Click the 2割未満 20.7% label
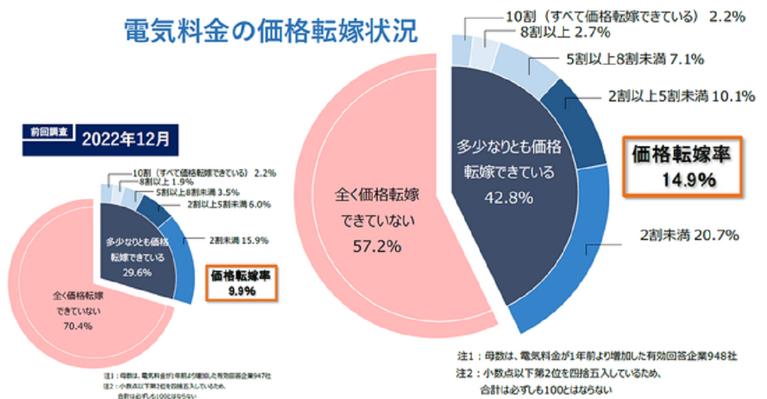coord(689,236)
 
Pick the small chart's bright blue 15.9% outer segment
coord(182,262)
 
